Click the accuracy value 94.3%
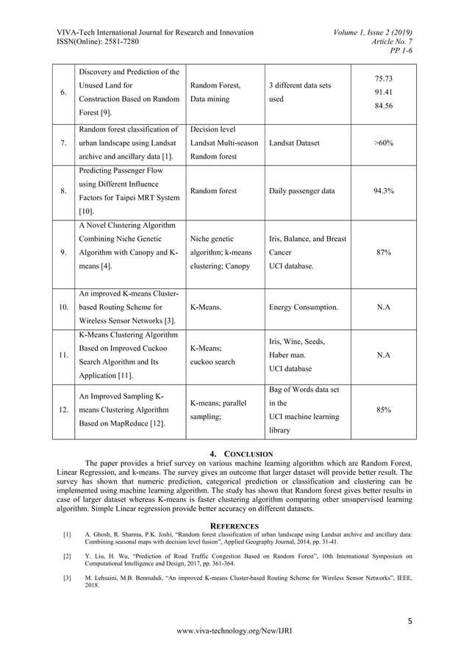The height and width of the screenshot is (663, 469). [383, 191]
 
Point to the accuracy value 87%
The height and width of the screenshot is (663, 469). [383, 252]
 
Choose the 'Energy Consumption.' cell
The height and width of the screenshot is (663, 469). [304, 307]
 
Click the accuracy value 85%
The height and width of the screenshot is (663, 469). [383, 410]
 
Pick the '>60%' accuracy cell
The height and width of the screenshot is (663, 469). [383, 143]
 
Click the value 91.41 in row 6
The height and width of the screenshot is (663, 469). [383, 92]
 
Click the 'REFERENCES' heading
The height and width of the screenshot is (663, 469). [234, 526]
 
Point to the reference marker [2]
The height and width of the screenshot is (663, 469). [67, 556]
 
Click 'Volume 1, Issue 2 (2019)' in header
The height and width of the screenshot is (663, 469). [373, 32]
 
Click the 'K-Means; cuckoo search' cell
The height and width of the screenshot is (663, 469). [212, 356]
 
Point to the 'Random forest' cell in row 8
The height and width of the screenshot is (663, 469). [213, 191]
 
